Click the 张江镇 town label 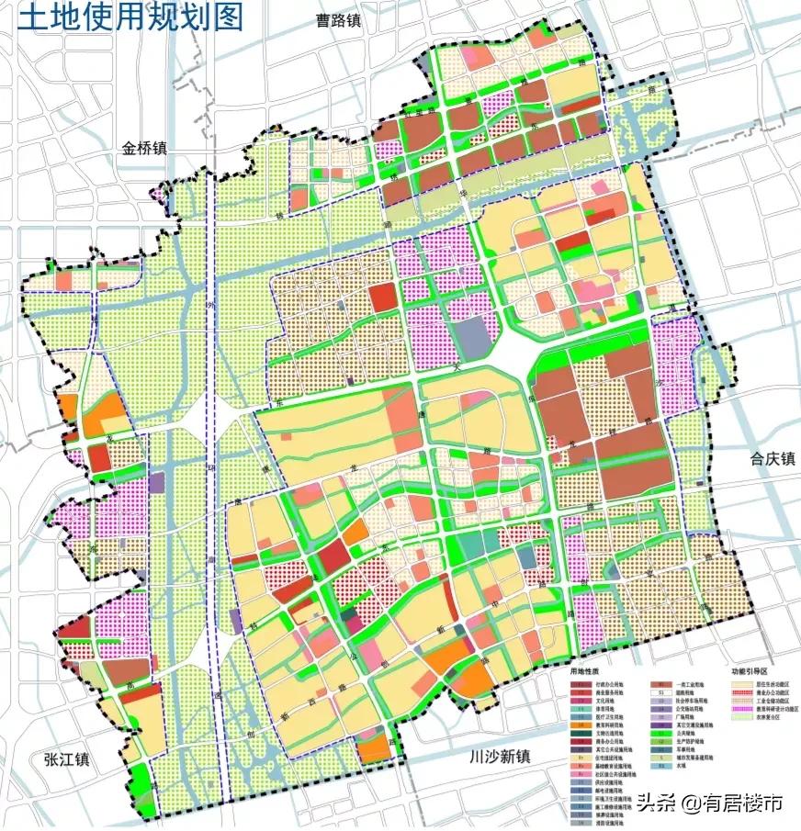tap(64, 759)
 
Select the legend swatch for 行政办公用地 tap(581, 685)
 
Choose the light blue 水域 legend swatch tap(660, 765)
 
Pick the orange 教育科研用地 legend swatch tap(581, 725)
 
